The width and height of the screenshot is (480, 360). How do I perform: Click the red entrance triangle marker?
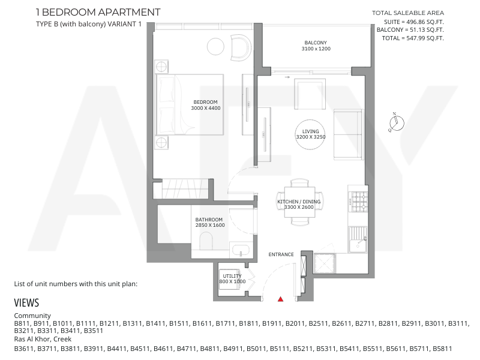pyautogui.click(x=280, y=299)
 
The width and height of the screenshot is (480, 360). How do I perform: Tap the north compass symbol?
pyautogui.click(x=396, y=122)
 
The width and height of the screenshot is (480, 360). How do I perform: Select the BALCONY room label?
pyautogui.click(x=316, y=43)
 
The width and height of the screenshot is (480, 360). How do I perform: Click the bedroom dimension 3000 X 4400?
pyautogui.click(x=205, y=108)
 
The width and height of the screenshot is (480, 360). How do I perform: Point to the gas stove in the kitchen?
pyautogui.click(x=359, y=202)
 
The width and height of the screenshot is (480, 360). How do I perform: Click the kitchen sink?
pyautogui.click(x=358, y=239)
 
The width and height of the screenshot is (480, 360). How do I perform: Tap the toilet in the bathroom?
pyautogui.click(x=206, y=241)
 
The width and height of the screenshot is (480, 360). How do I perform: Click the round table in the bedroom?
pyautogui.click(x=215, y=46)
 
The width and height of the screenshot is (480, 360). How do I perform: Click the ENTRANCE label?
pyautogui.click(x=281, y=254)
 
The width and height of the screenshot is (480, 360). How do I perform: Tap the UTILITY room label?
pyautogui.click(x=232, y=276)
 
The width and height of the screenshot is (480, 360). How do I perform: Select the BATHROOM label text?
pyautogui.click(x=209, y=220)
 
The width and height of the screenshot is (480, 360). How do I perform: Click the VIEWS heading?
pyautogui.click(x=26, y=303)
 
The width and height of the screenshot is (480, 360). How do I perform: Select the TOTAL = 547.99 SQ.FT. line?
pyautogui.click(x=413, y=38)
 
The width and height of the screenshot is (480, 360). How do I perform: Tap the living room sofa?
pyautogui.click(x=349, y=134)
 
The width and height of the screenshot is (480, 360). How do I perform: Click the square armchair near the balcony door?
pyautogui.click(x=310, y=94)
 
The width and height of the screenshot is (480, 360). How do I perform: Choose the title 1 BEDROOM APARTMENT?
pyautogui.click(x=98, y=12)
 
